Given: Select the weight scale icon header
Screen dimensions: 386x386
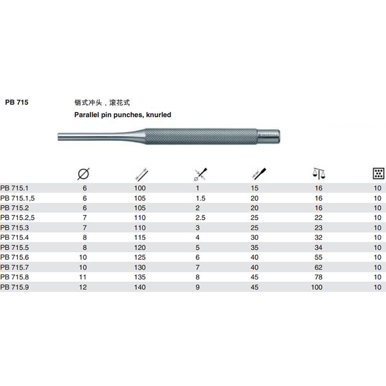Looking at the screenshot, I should tap(319, 173).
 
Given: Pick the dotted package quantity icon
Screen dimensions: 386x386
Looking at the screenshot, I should tap(378, 173).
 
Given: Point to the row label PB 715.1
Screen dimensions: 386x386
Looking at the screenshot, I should tap(14, 188).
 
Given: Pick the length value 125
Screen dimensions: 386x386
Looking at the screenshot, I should tap(140, 257).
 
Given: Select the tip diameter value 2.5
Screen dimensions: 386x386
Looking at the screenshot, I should tap(201, 218).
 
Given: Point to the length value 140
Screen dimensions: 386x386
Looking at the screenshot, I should tap(140, 287).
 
